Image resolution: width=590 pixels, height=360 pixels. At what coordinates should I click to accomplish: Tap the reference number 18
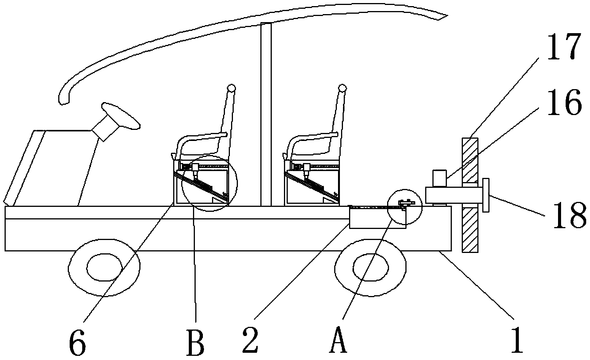tap(569, 216)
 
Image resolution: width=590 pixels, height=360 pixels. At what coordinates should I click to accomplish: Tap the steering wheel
tap(120, 115)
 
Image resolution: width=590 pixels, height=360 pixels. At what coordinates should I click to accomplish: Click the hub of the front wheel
tap(104, 266)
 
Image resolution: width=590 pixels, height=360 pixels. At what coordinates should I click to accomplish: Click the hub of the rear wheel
tap(371, 266)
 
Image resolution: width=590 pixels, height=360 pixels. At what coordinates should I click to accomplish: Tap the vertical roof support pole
tap(266, 114)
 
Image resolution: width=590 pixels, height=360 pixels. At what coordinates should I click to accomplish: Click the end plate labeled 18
tap(485, 195)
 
